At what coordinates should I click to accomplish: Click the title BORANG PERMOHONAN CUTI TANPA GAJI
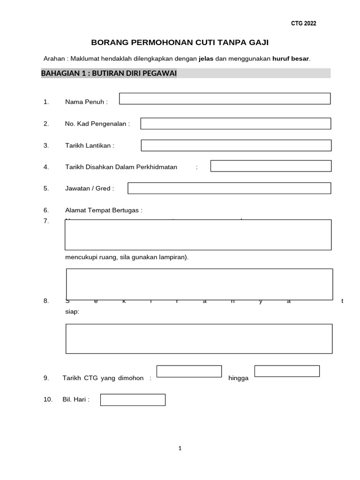click(x=180, y=43)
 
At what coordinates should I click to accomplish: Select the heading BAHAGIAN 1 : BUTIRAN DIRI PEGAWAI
click(x=109, y=73)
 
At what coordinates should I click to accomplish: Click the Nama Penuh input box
click(x=225, y=98)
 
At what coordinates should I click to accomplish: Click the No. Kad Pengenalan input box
click(x=235, y=123)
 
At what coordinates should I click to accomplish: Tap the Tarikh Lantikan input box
click(x=236, y=145)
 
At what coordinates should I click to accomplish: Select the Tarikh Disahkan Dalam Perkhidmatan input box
click(x=270, y=166)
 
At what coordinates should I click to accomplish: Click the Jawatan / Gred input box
click(x=229, y=188)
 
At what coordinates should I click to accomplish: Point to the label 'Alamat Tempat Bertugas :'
click(x=104, y=210)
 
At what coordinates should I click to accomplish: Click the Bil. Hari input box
click(x=133, y=400)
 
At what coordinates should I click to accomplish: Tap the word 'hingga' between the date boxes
click(x=238, y=378)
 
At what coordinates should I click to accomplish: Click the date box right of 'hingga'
click(x=287, y=371)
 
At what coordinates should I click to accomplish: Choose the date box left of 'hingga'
click(x=189, y=371)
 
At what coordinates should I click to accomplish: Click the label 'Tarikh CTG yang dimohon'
click(x=103, y=378)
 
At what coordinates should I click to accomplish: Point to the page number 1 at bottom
click(x=180, y=449)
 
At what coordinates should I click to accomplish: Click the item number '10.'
click(x=48, y=400)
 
